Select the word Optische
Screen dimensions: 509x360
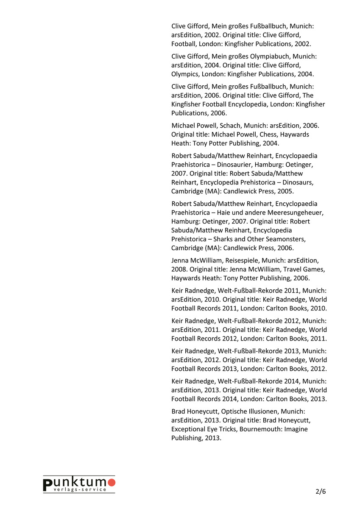click(234, 411)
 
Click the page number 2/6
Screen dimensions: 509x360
click(321, 492)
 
